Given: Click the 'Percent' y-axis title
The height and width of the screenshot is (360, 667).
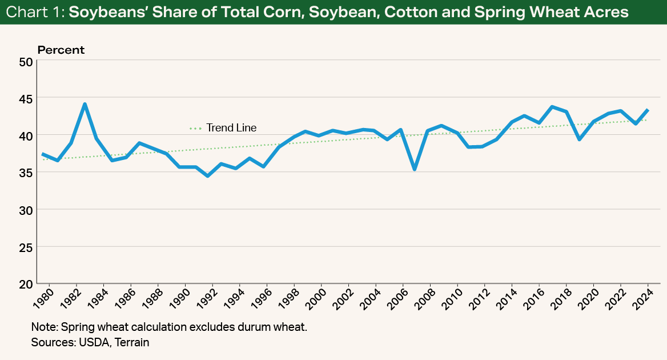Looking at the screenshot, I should point(61,50).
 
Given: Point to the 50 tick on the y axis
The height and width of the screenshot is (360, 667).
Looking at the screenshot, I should point(26,61).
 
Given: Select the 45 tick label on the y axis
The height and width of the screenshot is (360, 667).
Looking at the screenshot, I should point(26,98).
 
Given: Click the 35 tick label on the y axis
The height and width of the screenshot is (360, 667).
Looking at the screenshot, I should point(26,173).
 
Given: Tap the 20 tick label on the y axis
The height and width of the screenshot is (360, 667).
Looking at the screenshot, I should point(26,284).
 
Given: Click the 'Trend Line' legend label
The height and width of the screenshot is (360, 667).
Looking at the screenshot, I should point(231,128).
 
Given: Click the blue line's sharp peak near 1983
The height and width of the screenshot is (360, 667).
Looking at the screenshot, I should point(85,104).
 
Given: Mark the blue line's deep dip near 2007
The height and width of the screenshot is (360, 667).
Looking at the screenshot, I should point(415,169).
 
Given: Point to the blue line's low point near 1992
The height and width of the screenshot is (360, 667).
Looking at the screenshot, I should point(207,175).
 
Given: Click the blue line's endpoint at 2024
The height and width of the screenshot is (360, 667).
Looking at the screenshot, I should point(648,110).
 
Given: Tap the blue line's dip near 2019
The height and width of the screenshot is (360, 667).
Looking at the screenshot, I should point(580,139).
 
